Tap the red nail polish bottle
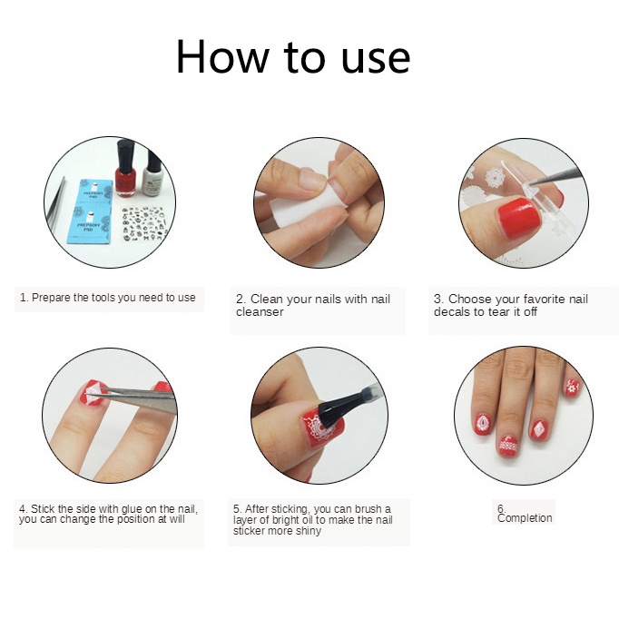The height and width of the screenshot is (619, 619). [x=125, y=168]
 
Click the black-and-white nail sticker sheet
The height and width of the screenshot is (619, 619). [x=142, y=224]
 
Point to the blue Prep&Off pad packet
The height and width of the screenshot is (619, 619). [x=91, y=212]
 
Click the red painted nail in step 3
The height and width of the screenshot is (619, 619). [x=518, y=218]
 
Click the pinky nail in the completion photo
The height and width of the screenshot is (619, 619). [x=572, y=387]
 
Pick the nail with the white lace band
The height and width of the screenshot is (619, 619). [x=507, y=446]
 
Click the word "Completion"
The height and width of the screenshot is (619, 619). [x=525, y=518]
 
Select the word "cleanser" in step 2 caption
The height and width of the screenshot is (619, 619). [x=260, y=312]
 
